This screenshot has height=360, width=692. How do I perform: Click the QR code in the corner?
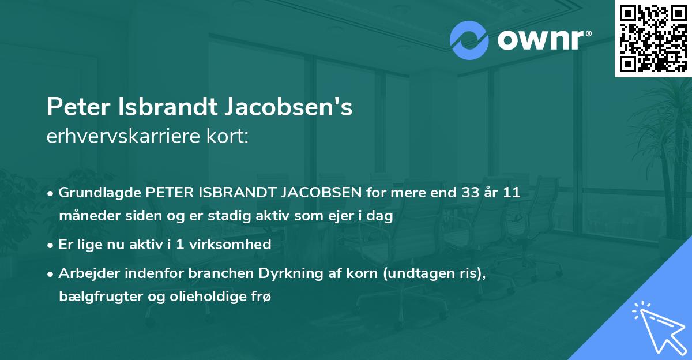click(x=653, y=39)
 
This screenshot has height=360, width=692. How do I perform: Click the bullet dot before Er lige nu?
click(x=51, y=245)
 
